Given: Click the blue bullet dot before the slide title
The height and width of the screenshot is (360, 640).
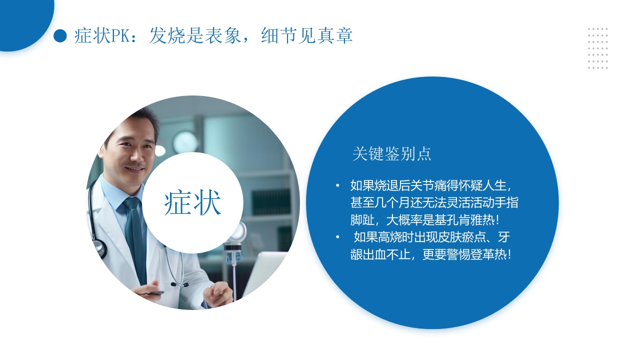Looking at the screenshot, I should coord(60,35).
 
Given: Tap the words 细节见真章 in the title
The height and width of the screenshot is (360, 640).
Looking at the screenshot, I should coord(306,35).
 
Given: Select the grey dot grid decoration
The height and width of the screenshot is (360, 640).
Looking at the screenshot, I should coord(597,48).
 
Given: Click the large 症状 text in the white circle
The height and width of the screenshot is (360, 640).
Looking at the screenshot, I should coord(192,203).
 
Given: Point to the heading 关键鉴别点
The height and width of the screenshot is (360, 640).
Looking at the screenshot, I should coord(391,154).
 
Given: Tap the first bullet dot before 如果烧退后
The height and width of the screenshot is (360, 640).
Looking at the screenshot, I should coord(337,186).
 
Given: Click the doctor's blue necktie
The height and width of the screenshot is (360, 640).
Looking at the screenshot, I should coord(135,235).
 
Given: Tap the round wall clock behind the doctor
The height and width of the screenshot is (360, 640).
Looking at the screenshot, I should coord(185,142).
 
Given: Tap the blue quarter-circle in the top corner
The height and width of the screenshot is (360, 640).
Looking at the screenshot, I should coord(20,20).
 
